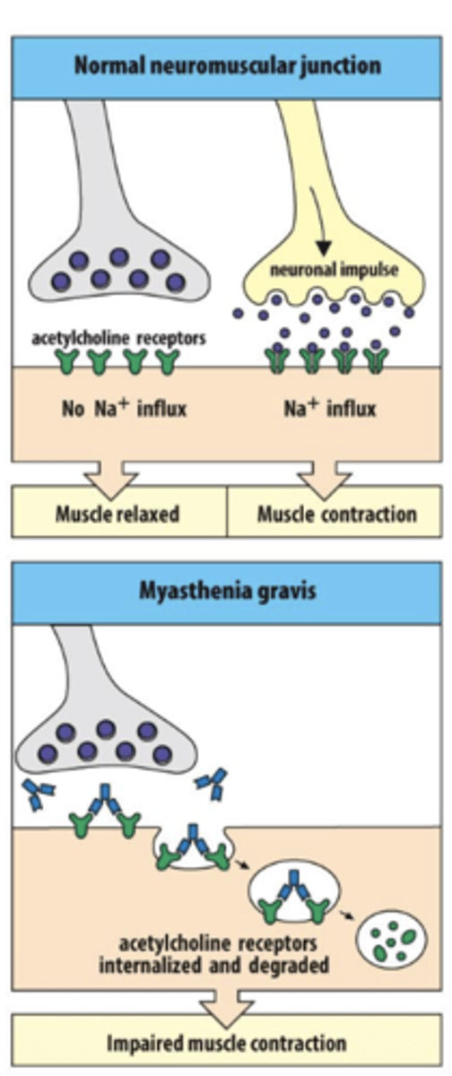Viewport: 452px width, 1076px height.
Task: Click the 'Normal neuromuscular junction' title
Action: pos(227,66)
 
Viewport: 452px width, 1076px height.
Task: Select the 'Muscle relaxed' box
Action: pos(117,514)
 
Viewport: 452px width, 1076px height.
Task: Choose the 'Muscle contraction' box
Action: pos(336,514)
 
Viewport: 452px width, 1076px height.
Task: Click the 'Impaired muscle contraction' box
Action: pos(227,1043)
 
